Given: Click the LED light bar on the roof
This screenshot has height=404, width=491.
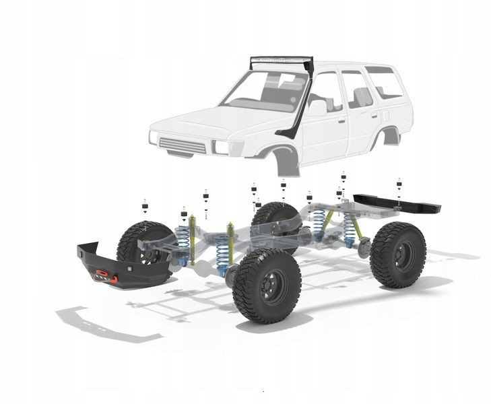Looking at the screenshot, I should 281,63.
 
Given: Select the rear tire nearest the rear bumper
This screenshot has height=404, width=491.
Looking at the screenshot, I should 398,255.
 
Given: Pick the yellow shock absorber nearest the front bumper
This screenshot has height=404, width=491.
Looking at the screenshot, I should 193,239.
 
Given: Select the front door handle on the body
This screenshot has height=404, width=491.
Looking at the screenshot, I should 341,121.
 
